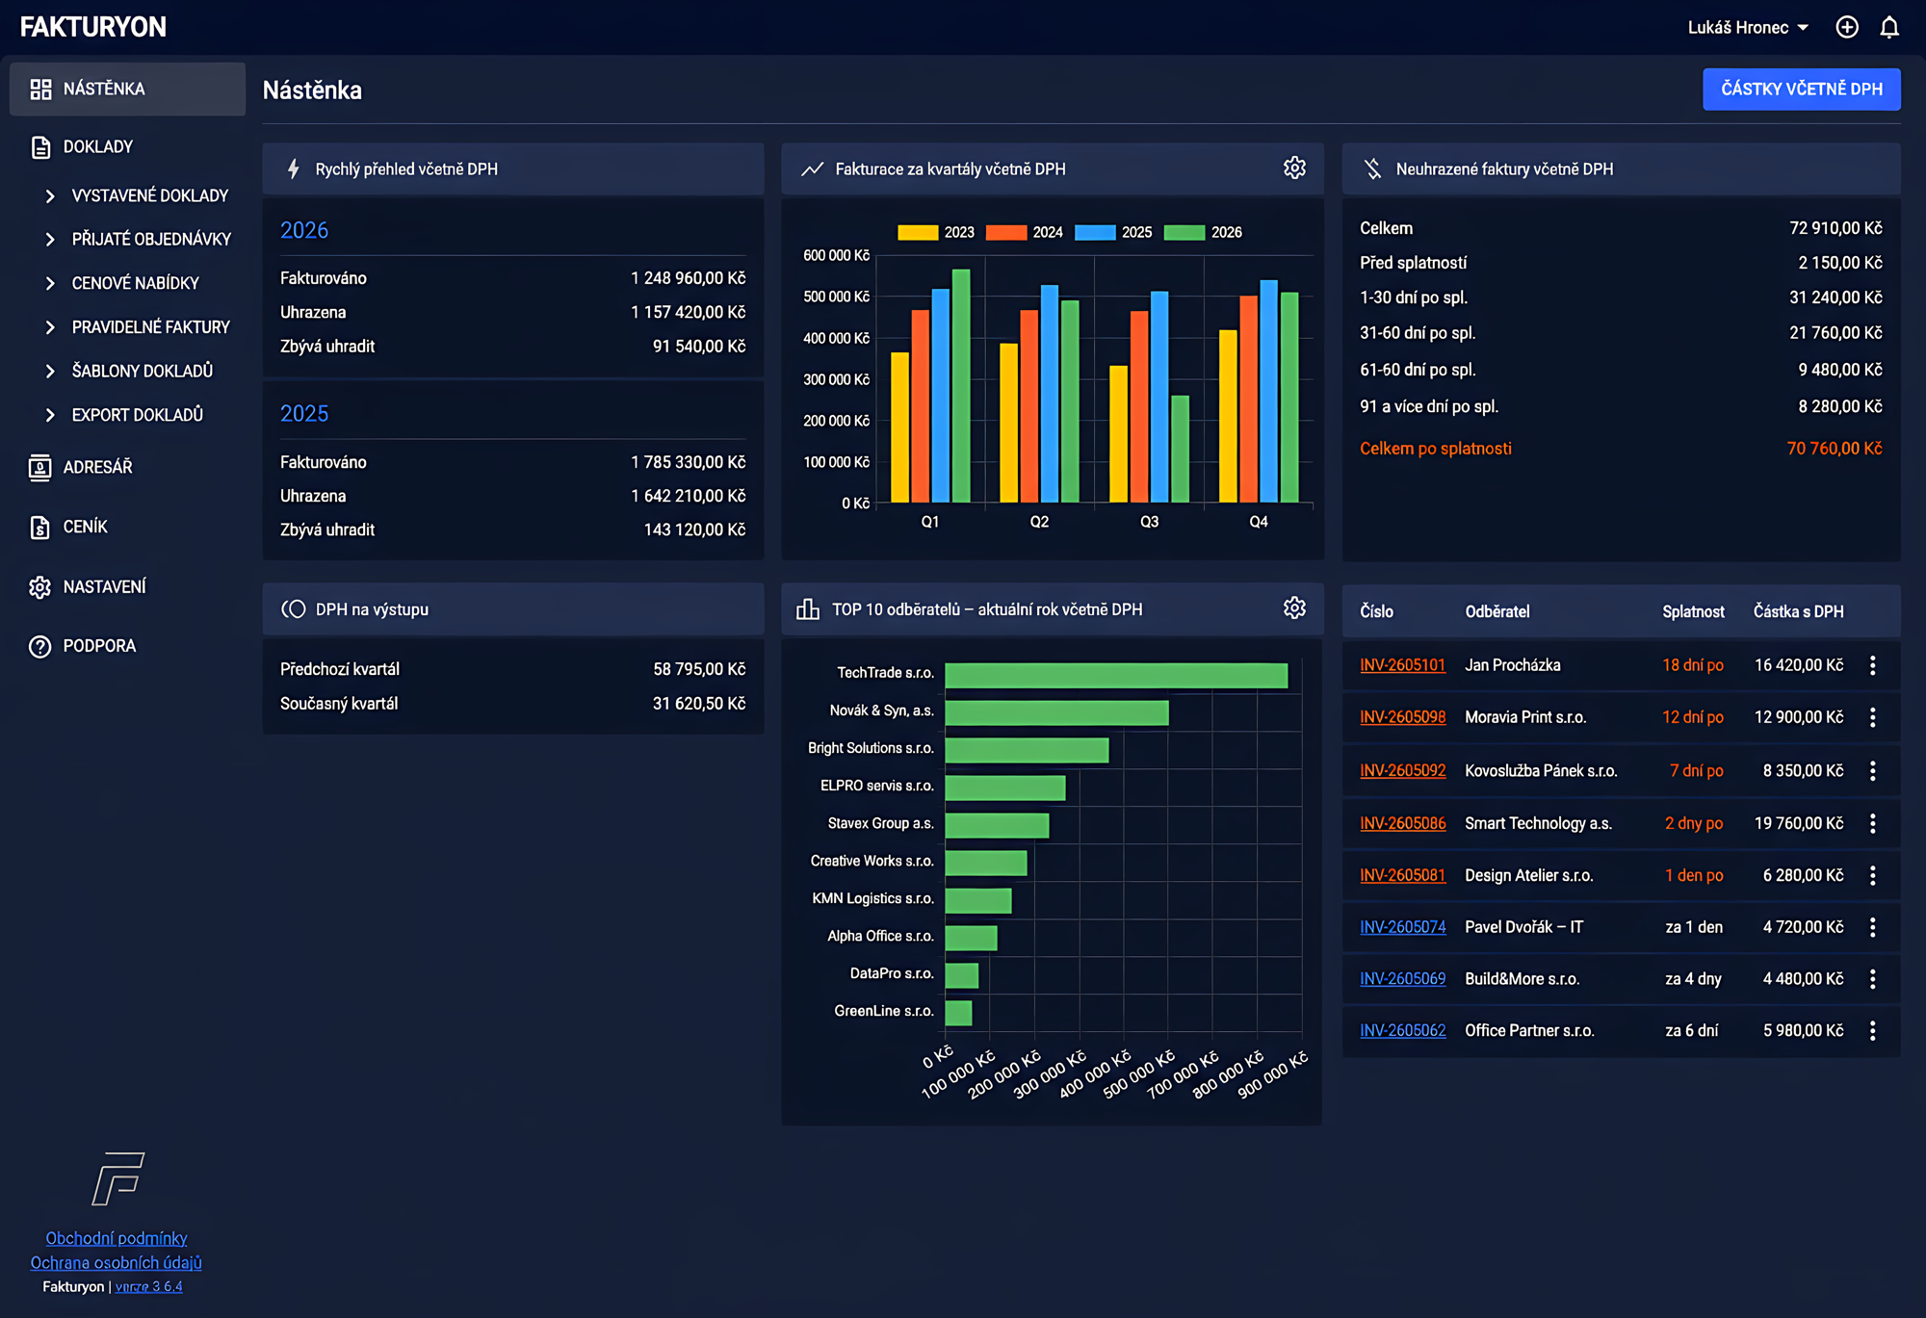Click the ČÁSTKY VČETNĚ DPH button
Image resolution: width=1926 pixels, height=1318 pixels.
pyautogui.click(x=1801, y=90)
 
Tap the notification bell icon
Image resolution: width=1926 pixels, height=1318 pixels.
pyautogui.click(x=1889, y=27)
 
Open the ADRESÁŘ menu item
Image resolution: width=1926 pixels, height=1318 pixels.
pyautogui.click(x=97, y=467)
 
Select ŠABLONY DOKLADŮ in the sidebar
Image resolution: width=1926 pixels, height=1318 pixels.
pyautogui.click(x=142, y=371)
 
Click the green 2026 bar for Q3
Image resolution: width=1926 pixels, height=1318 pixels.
pyautogui.click(x=1180, y=449)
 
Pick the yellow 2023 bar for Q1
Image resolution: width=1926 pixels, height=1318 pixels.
pyautogui.click(x=900, y=427)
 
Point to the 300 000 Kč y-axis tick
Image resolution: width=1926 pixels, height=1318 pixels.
pyautogui.click(x=836, y=379)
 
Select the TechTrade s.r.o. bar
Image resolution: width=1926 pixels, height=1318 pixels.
pyautogui.click(x=1116, y=675)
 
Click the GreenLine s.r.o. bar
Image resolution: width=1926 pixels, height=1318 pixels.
pyautogui.click(x=958, y=1013)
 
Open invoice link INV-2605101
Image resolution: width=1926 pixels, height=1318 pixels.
pyautogui.click(x=1402, y=665)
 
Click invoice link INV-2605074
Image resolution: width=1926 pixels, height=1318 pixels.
pyautogui.click(x=1402, y=927)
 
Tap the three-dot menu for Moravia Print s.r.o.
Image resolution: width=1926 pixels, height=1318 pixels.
pyautogui.click(x=1873, y=717)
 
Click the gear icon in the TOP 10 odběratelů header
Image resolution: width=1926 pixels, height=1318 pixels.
pyautogui.click(x=1294, y=607)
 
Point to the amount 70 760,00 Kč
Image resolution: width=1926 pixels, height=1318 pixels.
pyautogui.click(x=1835, y=449)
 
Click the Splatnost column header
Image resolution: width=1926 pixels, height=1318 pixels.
pyautogui.click(x=1693, y=611)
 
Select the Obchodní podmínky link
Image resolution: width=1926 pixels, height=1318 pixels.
pyautogui.click(x=117, y=1238)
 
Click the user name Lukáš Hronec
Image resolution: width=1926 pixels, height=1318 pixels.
pyautogui.click(x=1737, y=28)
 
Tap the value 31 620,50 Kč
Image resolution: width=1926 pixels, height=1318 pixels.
pyautogui.click(x=699, y=704)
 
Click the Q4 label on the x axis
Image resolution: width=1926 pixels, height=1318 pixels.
pyautogui.click(x=1259, y=522)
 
